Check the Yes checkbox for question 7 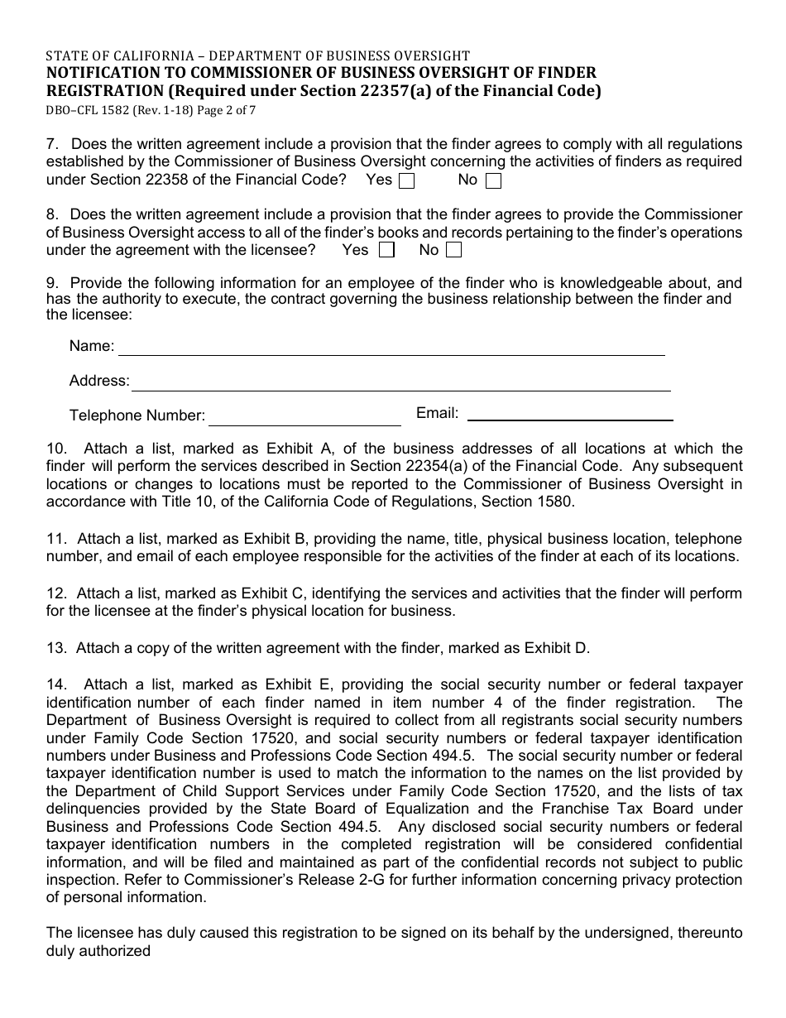point(406,180)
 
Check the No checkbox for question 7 point(493,180)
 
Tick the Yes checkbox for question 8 point(386,250)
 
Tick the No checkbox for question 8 point(453,250)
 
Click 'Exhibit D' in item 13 point(558,648)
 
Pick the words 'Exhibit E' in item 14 point(299,684)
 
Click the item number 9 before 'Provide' point(51,283)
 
